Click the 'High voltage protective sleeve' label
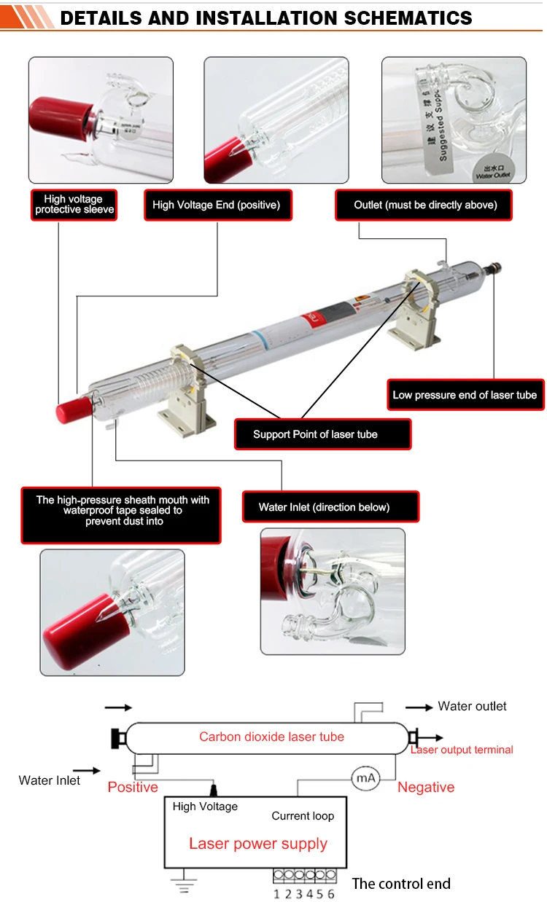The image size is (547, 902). coord(74,205)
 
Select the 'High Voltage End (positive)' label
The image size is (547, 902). coord(216,205)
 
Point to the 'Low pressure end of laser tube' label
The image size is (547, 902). coord(465,395)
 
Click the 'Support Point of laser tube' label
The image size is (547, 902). coord(315,434)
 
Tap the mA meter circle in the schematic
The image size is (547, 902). coord(365,779)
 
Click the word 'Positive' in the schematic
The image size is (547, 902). coord(133,787)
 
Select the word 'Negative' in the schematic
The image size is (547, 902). coord(426,787)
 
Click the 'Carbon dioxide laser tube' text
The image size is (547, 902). coord(271,737)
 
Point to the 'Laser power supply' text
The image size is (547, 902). coord(258,844)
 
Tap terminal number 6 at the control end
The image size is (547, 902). coord(331,894)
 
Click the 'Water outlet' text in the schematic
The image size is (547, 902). coord(472,706)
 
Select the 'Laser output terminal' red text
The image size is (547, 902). coord(462,750)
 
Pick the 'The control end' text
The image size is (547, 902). coord(401,884)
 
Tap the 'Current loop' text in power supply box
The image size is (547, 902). coord(303,816)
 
